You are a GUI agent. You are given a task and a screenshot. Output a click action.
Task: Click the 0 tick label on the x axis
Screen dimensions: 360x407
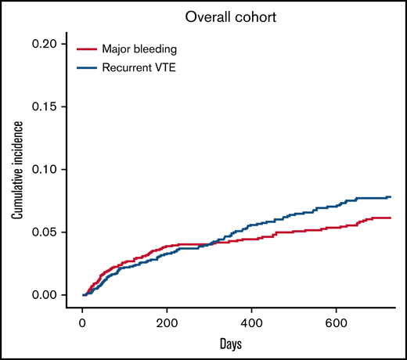[82, 324]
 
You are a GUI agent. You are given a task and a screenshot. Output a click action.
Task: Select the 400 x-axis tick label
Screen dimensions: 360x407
[251, 324]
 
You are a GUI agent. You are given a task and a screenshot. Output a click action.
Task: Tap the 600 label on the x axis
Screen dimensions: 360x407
[336, 324]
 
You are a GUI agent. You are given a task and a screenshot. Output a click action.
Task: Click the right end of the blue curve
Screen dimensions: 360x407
[390, 197]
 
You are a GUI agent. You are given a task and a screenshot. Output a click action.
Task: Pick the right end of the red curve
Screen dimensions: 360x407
[390, 218]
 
